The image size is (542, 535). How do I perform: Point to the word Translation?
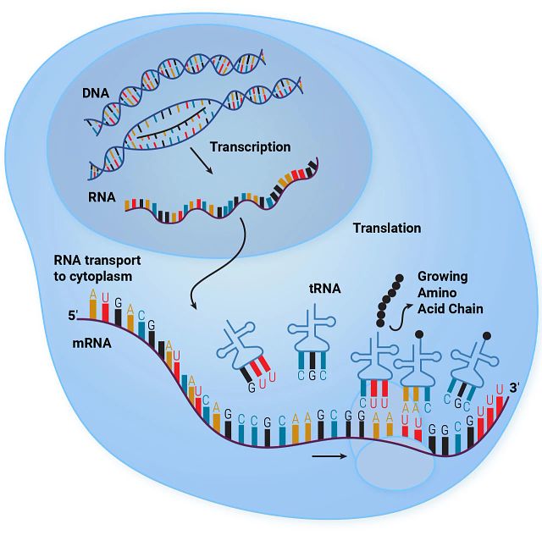pos(386,229)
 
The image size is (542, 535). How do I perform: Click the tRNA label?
pos(324,288)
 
